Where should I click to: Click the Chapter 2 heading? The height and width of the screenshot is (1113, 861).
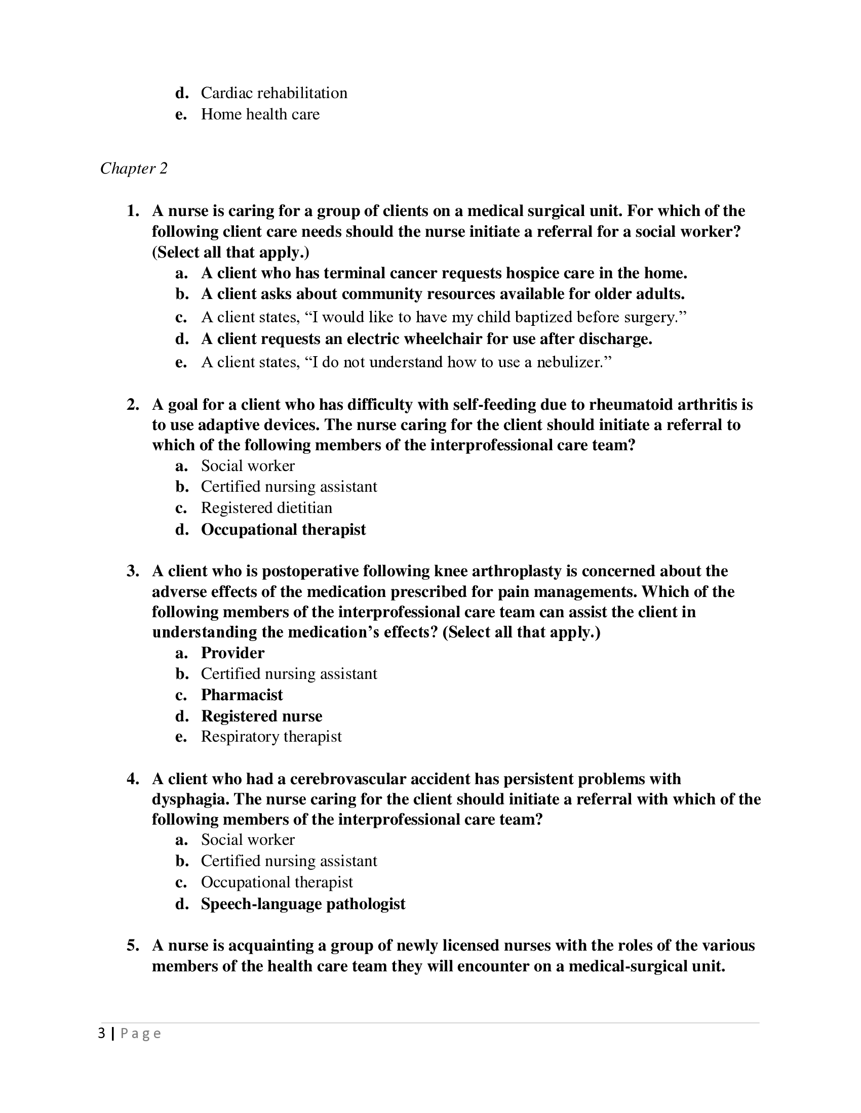134,168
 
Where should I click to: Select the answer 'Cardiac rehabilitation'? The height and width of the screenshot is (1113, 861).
273,93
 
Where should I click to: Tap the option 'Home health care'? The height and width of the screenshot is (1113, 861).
260,114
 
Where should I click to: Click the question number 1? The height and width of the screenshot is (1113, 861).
133,211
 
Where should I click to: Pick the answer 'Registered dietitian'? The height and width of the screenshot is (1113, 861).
266,508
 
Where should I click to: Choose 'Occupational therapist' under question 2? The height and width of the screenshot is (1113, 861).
283,530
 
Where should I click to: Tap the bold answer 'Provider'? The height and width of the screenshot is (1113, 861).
232,653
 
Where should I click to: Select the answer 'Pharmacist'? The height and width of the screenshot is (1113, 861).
242,695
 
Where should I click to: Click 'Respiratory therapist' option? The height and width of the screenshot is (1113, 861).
271,737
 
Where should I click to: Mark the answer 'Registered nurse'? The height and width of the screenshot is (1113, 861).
261,716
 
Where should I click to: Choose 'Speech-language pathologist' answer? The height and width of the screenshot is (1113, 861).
303,904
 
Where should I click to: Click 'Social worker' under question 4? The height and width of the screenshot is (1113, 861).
247,840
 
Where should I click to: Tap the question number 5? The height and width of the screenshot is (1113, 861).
133,946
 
